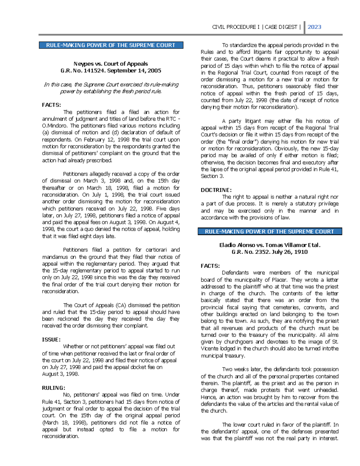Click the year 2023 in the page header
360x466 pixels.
(314, 27)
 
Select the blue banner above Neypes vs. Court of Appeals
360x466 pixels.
(111, 45)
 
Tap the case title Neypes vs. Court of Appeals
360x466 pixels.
(111, 64)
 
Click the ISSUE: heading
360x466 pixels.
(51, 340)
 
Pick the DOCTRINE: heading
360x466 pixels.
(216, 190)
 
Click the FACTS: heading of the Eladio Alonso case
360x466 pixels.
(210, 266)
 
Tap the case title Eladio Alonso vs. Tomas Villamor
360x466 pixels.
(270, 245)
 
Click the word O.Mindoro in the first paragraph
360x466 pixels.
(55, 126)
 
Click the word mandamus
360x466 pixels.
(55, 257)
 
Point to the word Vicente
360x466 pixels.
(211, 349)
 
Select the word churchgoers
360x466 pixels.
(260, 342)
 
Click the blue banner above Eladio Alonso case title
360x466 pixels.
(270, 232)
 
